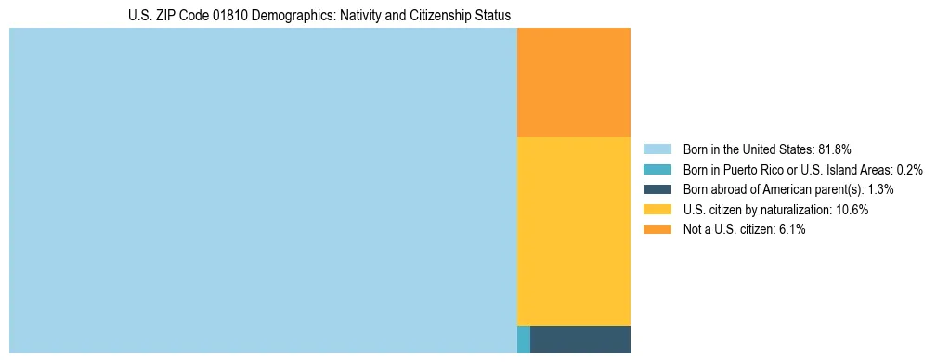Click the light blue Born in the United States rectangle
(x=263, y=190)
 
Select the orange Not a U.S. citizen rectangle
(x=573, y=83)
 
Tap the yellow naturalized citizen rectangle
(x=573, y=231)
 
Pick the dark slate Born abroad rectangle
(x=579, y=339)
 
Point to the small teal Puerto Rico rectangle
(x=524, y=339)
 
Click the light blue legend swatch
(x=657, y=149)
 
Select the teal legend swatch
(x=657, y=169)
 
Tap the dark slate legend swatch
(x=657, y=189)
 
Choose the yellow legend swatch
(x=657, y=210)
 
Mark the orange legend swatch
(x=657, y=229)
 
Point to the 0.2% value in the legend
(x=909, y=169)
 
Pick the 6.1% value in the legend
(x=790, y=229)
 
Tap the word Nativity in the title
(x=360, y=16)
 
